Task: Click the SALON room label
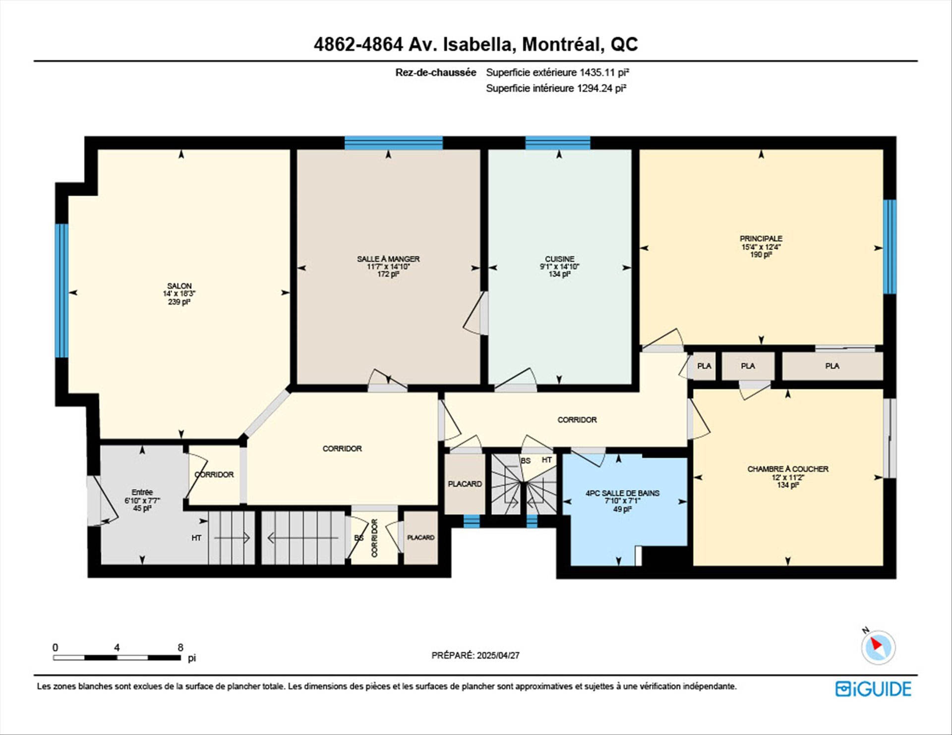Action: pyautogui.click(x=179, y=286)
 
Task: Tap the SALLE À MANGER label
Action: pyautogui.click(x=388, y=259)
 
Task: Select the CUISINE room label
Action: pyautogui.click(x=560, y=259)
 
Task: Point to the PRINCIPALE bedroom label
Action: pyautogui.click(x=761, y=238)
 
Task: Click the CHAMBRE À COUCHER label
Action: pyautogui.click(x=788, y=469)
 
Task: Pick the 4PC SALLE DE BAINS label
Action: pyautogui.click(x=623, y=493)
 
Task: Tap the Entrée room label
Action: pyautogui.click(x=142, y=492)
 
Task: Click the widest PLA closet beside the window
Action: pyautogui.click(x=833, y=366)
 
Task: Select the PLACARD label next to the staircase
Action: pyautogui.click(x=465, y=484)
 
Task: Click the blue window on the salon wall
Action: pyautogui.click(x=61, y=290)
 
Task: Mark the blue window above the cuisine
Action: pyautogui.click(x=558, y=143)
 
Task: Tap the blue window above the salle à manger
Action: pyautogui.click(x=394, y=143)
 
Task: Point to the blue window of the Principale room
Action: pyautogui.click(x=890, y=246)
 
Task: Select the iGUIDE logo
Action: pyautogui.click(x=873, y=689)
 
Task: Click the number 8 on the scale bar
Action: pyautogui.click(x=180, y=647)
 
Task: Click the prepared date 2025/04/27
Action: pyautogui.click(x=498, y=655)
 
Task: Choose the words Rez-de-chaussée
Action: pyautogui.click(x=436, y=72)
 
